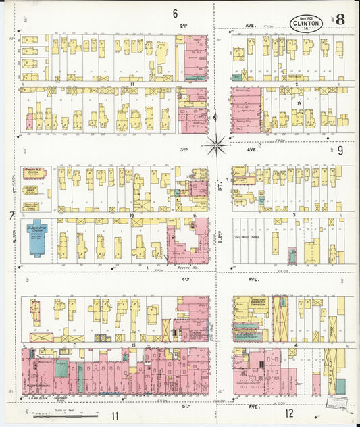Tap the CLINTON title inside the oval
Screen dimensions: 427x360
[x=306, y=23]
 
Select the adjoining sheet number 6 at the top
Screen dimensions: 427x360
[x=175, y=13]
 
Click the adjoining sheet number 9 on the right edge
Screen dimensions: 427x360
[x=340, y=150]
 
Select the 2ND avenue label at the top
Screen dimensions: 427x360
[x=183, y=26]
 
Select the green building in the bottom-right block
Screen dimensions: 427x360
[x=340, y=386]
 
